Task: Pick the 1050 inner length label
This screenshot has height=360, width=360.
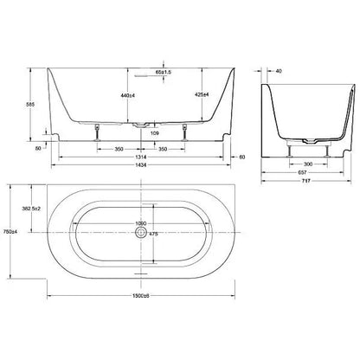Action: pos(141,223)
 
